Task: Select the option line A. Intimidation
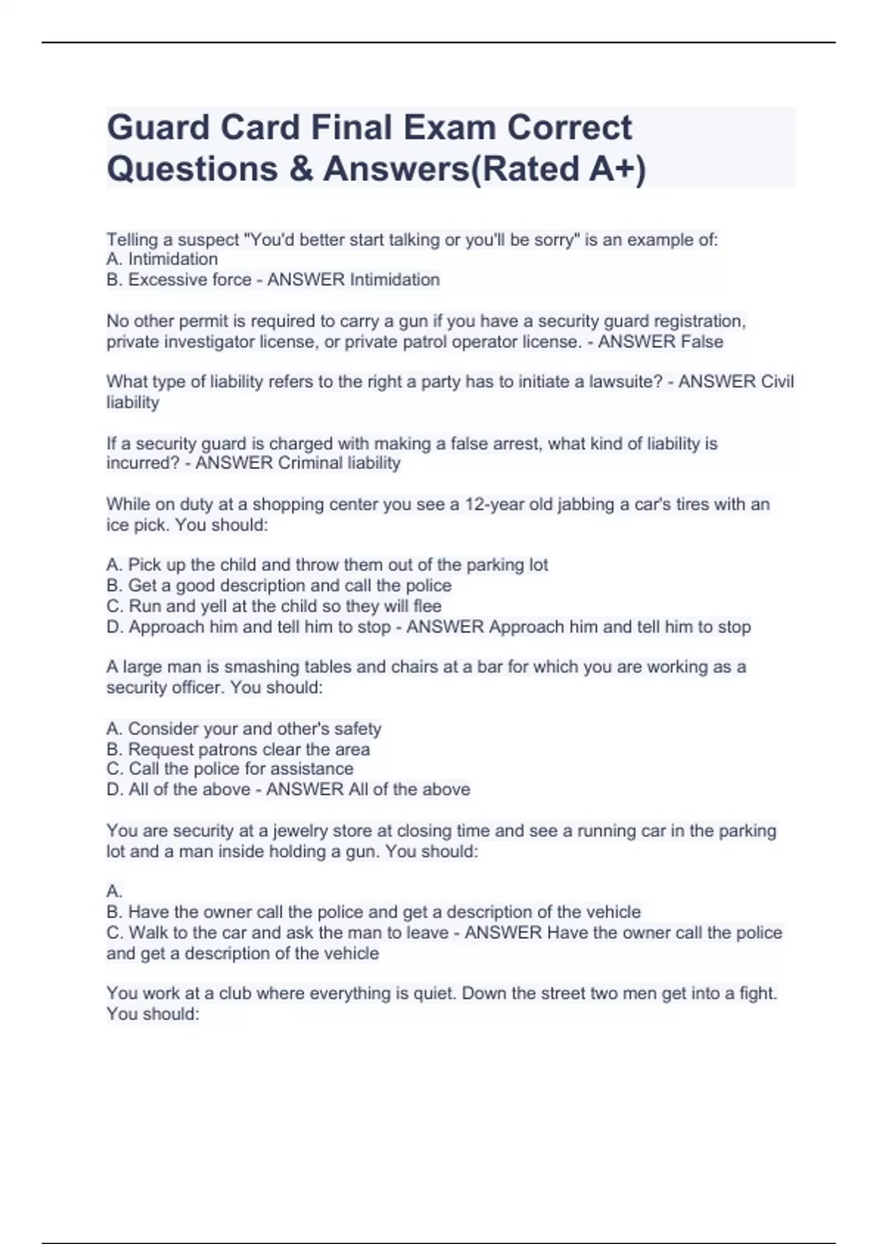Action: coord(162,259)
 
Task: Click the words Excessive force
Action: coord(190,280)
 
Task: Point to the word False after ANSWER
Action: coord(702,342)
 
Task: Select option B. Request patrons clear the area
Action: coord(238,749)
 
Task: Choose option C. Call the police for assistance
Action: coord(230,768)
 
